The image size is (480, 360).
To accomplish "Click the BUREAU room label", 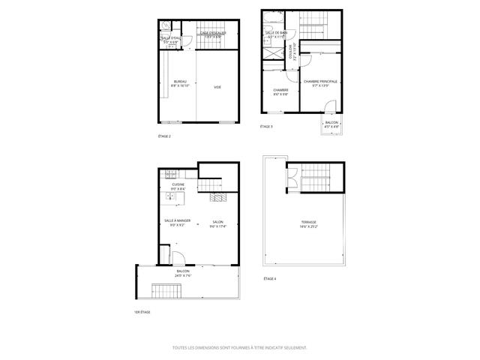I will point(180,83).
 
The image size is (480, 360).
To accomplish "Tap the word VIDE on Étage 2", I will point(217,88).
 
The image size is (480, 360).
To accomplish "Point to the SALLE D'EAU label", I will point(172,40).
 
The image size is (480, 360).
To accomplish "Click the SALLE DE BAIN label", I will point(275,34).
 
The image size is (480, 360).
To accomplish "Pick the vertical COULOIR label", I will point(292,52).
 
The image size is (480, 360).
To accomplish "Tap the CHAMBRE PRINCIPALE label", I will point(320,83).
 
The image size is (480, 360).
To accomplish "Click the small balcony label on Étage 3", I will point(331,124).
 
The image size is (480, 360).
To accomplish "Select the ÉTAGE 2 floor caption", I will point(165,136).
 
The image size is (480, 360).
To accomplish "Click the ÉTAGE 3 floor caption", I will point(266,127).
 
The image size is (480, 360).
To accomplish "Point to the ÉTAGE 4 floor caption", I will point(269,278).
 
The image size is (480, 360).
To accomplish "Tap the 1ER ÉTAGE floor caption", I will point(142,311).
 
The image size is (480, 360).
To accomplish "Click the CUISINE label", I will point(178,186).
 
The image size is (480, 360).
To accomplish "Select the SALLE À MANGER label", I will point(178,223).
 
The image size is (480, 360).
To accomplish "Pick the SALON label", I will point(217,223).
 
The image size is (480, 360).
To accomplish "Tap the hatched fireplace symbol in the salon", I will point(219,199).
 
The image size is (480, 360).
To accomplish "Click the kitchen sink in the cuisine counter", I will point(170,199).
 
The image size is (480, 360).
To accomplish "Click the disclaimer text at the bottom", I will point(240,347).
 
